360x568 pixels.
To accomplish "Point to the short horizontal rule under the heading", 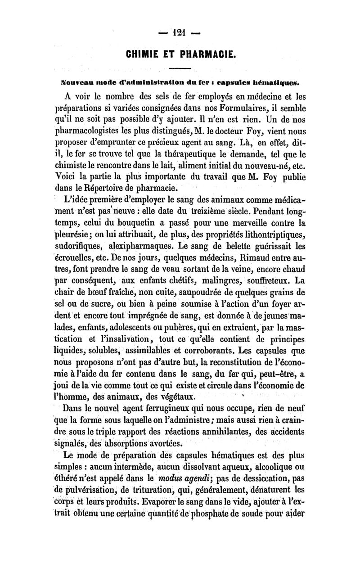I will coord(180,69).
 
